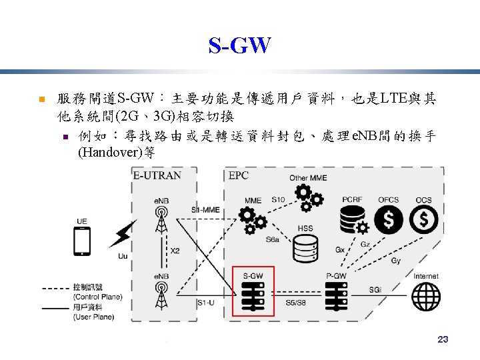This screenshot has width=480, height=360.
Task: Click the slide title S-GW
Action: (x=239, y=46)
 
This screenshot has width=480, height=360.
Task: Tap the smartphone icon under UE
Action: (x=83, y=241)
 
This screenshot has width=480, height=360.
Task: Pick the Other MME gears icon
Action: (x=307, y=196)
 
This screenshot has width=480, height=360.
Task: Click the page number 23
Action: (x=443, y=339)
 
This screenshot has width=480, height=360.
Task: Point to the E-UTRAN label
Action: (x=157, y=175)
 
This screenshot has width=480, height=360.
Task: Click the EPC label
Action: (x=238, y=175)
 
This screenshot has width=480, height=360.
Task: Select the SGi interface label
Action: (x=375, y=290)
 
